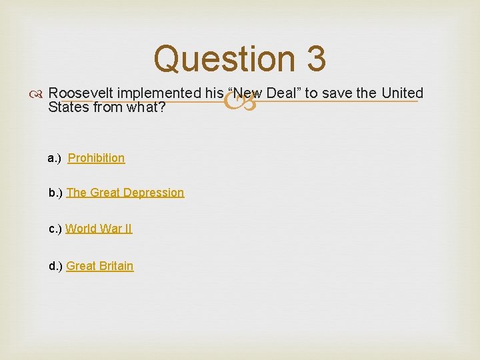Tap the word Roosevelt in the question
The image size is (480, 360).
point(79,93)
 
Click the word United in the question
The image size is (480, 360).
point(402,93)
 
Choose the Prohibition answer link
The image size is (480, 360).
point(96,158)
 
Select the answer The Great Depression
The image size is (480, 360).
point(125,193)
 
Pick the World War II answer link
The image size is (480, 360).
point(99,229)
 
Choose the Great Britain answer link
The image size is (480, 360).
point(100,266)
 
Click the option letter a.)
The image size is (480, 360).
point(55,158)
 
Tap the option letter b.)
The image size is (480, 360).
point(56,193)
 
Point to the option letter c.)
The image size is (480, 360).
point(55,229)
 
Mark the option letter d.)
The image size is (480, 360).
point(56,266)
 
